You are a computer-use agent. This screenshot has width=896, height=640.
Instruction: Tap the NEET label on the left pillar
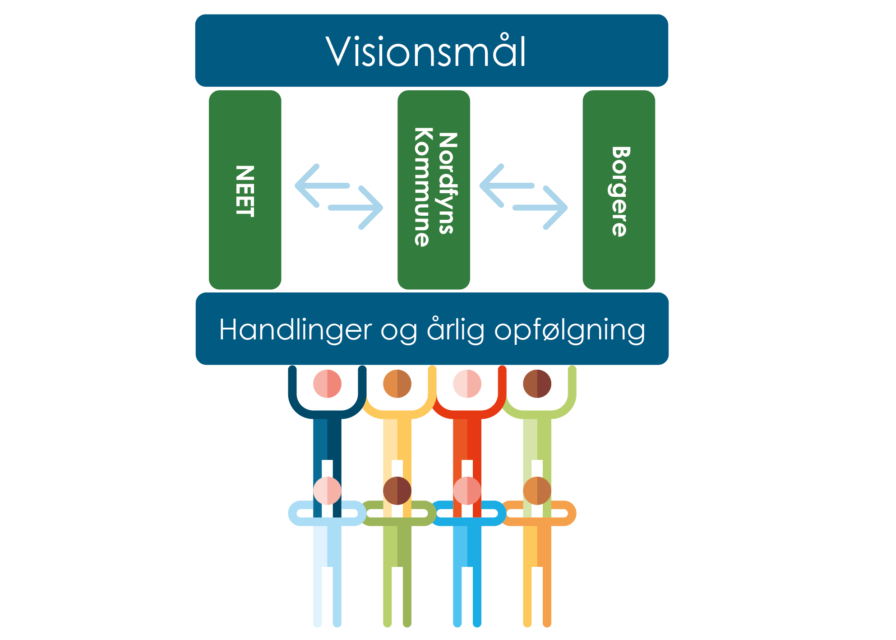[245, 191]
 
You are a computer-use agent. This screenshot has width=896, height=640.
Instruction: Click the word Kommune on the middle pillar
[422, 187]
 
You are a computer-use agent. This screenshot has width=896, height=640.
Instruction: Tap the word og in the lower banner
[399, 331]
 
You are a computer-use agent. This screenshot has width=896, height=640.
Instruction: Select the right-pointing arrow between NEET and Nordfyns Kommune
[356, 208]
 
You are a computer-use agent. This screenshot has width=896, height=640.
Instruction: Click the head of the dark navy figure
[327, 384]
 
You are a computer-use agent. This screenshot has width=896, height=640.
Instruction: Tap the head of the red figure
[467, 384]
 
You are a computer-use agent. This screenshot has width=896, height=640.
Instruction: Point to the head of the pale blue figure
[327, 491]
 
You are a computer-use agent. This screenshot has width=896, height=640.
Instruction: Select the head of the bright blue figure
[467, 491]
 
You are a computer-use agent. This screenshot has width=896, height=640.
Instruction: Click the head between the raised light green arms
[537, 384]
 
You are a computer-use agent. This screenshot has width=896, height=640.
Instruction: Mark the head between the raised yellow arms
[397, 384]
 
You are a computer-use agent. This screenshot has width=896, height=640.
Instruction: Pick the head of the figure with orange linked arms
[537, 491]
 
